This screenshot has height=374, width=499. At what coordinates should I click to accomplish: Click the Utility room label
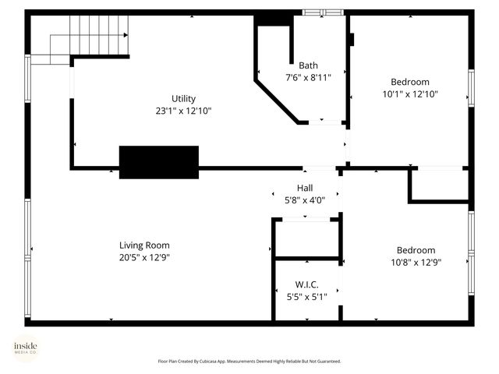(x=184, y=98)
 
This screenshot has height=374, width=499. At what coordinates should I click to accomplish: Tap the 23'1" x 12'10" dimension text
(x=184, y=111)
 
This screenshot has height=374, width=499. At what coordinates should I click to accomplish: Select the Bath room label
(x=309, y=65)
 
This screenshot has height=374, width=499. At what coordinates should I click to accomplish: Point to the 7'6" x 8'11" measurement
(x=309, y=77)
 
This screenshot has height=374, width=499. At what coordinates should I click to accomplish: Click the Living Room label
(x=144, y=245)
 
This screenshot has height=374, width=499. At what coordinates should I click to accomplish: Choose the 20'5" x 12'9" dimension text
(x=144, y=257)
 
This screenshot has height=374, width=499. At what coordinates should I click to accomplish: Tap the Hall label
(x=305, y=188)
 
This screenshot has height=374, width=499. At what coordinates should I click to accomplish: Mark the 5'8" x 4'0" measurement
(x=305, y=200)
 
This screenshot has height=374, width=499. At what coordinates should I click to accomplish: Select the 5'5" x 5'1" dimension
(x=306, y=296)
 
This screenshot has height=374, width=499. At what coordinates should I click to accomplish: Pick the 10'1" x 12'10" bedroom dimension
(x=409, y=94)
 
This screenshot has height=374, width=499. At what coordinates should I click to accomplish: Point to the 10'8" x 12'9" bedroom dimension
(x=416, y=263)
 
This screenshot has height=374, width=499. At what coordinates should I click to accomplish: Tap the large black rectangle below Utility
(x=158, y=162)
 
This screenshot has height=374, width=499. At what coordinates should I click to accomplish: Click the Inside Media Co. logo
(x=25, y=348)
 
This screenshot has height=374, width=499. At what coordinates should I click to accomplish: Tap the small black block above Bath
(x=271, y=19)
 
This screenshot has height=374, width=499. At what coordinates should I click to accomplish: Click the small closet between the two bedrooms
(x=439, y=185)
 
